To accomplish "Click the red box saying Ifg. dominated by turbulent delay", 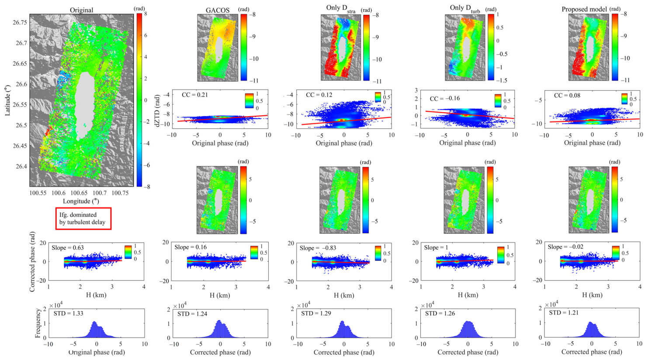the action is point(83,218).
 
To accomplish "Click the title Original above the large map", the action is point(82,10).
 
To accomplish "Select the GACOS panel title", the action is point(218,10).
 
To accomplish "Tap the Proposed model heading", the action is point(584,9).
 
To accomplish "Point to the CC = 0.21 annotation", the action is point(195,94).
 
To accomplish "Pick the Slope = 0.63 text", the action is point(68,247).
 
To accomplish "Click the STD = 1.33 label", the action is point(68,313).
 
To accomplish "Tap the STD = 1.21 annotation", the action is point(564,312).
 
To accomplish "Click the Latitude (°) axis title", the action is point(7,100).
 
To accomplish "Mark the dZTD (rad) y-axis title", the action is point(157,109).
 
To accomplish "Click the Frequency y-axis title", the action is point(38,323).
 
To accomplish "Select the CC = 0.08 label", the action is point(567,95).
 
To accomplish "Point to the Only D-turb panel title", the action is point(465,9).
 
